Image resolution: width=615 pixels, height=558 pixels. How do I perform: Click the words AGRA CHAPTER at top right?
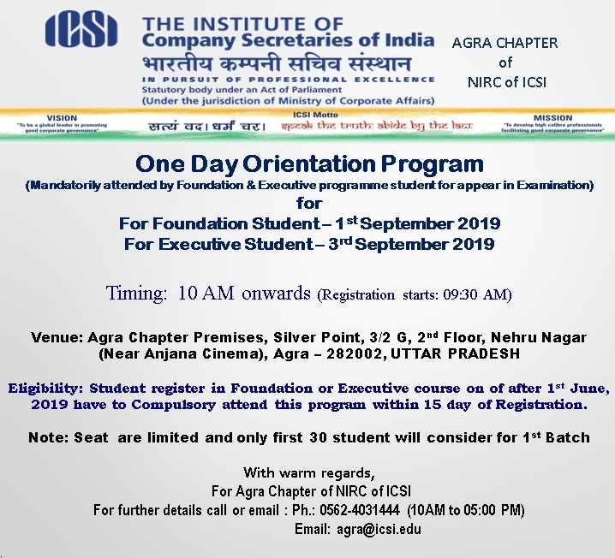click(505, 43)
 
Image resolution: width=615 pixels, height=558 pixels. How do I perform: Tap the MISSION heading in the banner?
click(552, 118)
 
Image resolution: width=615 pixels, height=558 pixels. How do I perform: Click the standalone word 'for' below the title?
click(309, 203)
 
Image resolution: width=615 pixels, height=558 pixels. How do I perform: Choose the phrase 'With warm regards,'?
click(309, 472)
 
